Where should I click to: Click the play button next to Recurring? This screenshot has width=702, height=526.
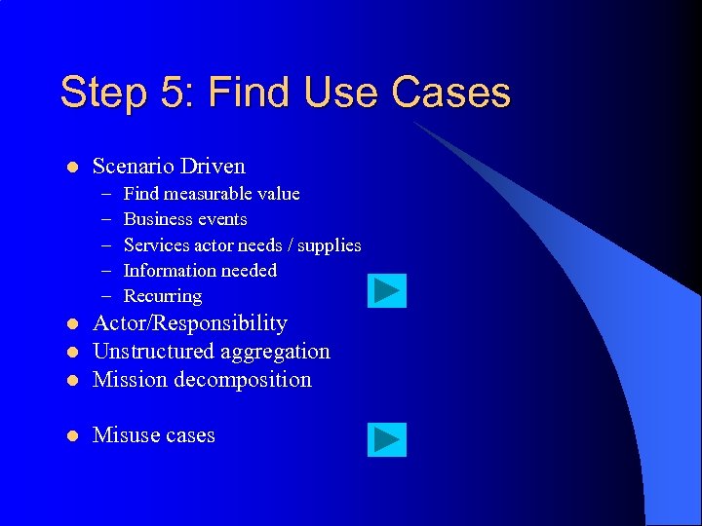(387, 291)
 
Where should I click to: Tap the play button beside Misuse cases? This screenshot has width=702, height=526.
(387, 440)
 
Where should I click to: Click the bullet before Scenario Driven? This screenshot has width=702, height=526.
(71, 168)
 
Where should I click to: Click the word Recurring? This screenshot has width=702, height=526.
(163, 296)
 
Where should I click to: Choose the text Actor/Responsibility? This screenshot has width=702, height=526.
(189, 323)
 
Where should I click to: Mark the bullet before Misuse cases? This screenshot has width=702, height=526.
(71, 436)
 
